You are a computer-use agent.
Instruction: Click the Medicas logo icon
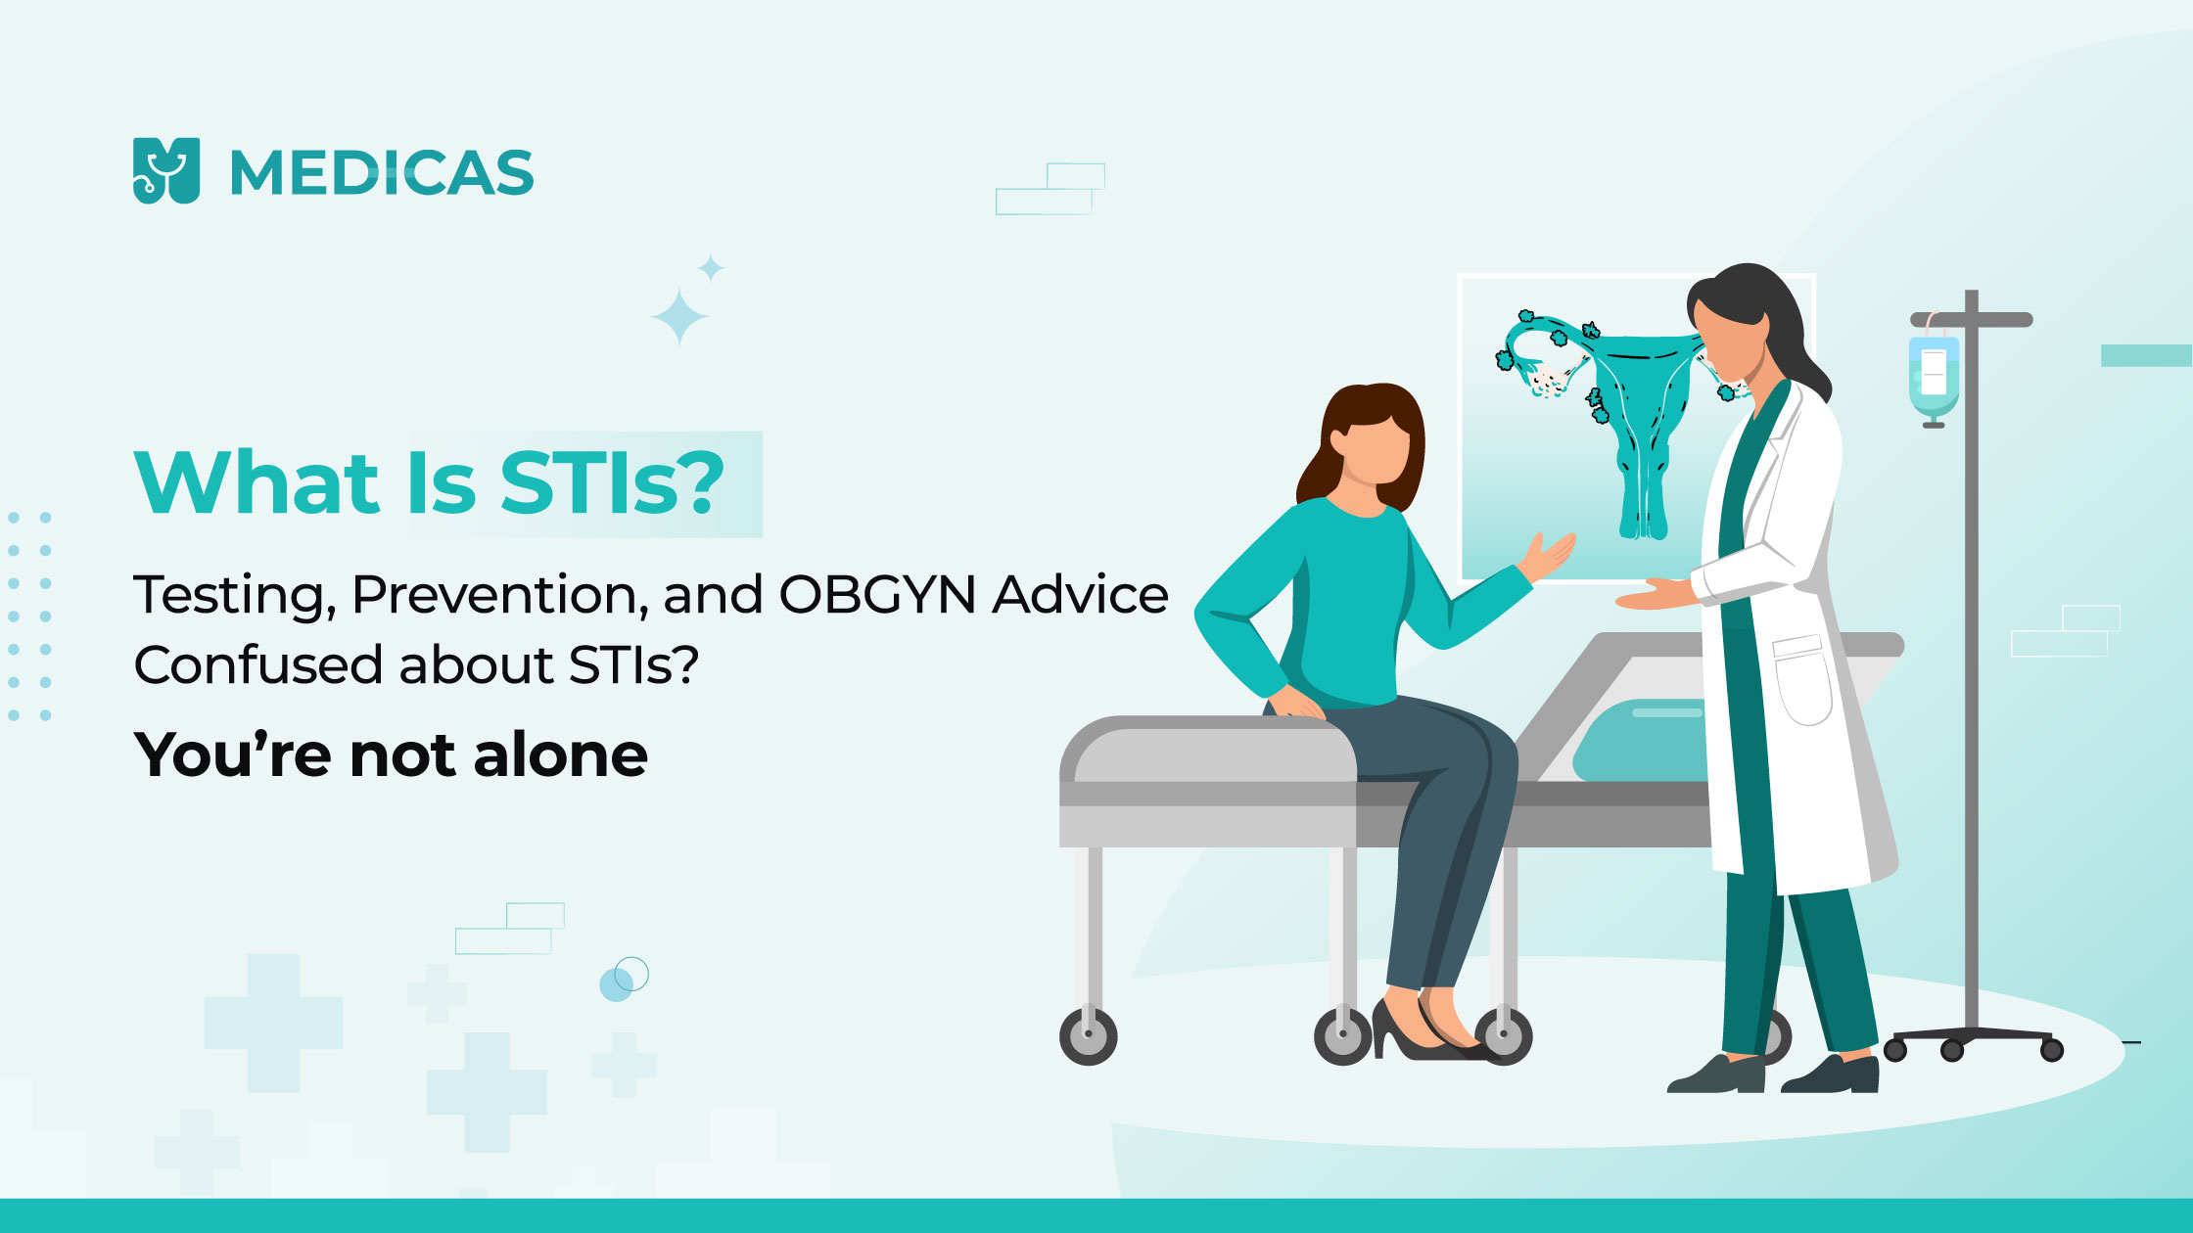(166, 170)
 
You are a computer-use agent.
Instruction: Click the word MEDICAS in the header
(382, 172)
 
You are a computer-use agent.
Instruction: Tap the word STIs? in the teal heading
(612, 482)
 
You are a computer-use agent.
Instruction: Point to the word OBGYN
(877, 595)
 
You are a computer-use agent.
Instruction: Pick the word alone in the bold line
(560, 754)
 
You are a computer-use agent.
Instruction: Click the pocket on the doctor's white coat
(1802, 680)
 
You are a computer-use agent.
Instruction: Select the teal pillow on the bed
(1645, 740)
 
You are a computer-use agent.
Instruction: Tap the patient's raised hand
(1546, 557)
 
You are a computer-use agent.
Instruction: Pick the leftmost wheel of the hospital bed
(1088, 1035)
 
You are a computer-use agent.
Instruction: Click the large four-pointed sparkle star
(678, 316)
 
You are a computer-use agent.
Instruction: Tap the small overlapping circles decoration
(624, 979)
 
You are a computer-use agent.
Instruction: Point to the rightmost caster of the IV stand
(2052, 1050)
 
